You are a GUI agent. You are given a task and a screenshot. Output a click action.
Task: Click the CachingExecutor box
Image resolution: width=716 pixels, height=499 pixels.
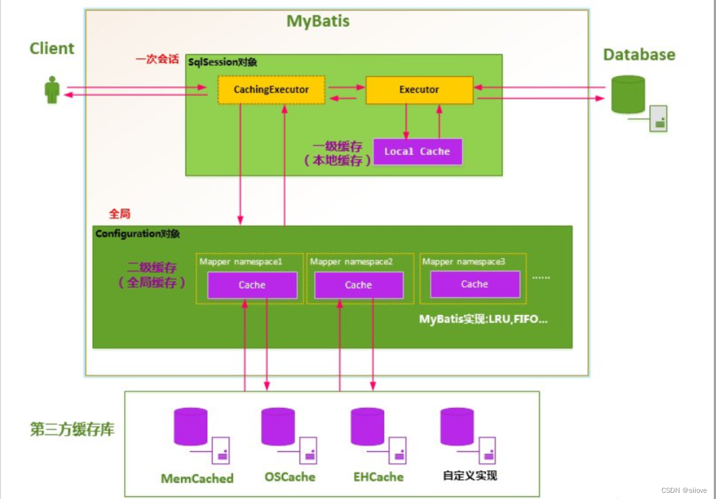coord(272,90)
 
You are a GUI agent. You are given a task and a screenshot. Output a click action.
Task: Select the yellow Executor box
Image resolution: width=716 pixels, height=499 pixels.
coord(419,90)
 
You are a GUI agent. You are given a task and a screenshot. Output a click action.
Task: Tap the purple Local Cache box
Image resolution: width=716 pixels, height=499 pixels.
coord(417,152)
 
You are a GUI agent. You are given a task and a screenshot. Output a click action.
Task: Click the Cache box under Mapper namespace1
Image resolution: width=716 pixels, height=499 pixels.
coord(252,285)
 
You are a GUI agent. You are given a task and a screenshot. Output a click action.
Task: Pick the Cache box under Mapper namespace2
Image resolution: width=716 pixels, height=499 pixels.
coord(358,285)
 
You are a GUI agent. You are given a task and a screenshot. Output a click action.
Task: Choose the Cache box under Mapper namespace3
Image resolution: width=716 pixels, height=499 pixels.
coord(475,284)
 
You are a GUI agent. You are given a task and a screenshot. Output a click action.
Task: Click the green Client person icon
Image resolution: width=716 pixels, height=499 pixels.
coord(52,90)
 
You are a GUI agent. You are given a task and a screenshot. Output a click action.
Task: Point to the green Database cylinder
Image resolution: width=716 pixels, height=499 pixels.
coord(629,94)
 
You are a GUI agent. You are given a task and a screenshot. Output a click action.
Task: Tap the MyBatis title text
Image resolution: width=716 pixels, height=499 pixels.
coord(318,21)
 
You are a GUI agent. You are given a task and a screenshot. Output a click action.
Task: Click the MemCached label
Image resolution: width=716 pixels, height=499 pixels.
coord(197,479)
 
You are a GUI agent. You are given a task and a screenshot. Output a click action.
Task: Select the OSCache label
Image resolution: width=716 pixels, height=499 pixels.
coord(290,477)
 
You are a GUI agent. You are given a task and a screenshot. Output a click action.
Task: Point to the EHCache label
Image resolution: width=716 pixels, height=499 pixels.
coord(379,477)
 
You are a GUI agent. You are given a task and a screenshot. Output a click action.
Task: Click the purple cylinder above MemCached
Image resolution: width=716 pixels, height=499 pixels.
coord(191,427)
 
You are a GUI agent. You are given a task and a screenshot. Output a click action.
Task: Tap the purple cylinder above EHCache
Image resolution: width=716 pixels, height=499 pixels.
coord(368,427)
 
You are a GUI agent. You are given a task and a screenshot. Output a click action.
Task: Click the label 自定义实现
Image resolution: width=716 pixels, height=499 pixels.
coord(470,475)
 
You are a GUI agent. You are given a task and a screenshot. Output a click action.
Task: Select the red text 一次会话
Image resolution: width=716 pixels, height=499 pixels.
coord(157,59)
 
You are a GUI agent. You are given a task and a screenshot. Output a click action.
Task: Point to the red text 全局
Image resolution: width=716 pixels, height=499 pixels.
coord(120,214)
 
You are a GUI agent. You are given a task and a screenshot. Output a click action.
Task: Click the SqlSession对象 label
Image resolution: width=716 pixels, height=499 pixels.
coord(223,62)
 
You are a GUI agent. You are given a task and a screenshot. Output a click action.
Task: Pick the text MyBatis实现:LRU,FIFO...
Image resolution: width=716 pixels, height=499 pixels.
coord(483,319)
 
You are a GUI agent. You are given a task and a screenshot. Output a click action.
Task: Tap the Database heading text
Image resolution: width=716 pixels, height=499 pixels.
coord(639,55)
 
